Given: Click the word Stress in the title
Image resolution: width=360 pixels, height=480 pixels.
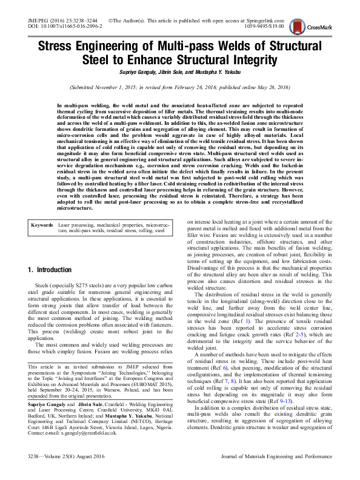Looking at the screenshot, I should click(x=59, y=47).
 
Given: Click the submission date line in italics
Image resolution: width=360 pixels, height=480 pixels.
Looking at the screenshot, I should click(x=180, y=88).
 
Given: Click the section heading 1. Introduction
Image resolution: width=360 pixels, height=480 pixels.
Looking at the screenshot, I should click(x=56, y=268).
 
